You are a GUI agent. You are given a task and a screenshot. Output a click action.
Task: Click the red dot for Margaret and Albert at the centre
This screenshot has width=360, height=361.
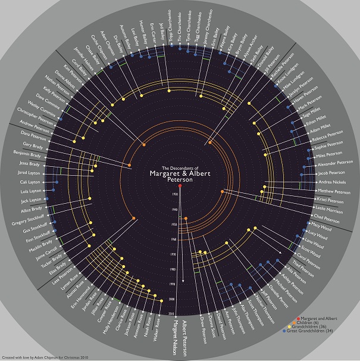[180, 187]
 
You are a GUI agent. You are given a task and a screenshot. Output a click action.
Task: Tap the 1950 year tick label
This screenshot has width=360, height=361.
[174, 225]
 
